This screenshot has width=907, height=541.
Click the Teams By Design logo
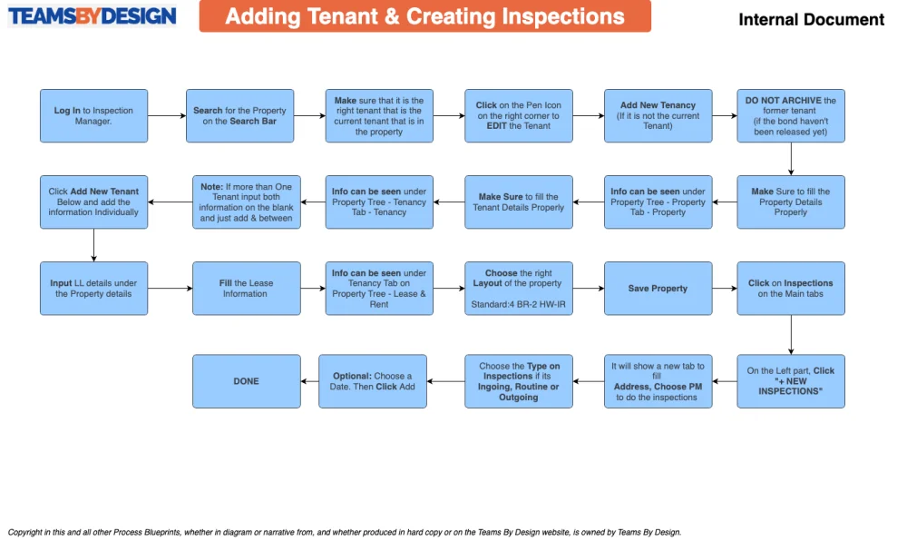[92, 16]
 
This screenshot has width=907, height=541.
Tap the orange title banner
[425, 16]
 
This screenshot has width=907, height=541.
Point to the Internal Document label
[811, 20]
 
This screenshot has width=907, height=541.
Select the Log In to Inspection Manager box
[93, 115]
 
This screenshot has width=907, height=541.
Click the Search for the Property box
[239, 115]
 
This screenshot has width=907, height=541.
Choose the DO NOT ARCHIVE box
[791, 115]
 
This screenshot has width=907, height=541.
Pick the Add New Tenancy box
[658, 115]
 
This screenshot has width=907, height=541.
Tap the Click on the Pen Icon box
[519, 115]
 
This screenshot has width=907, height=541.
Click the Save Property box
[658, 288]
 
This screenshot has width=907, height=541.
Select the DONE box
[247, 381]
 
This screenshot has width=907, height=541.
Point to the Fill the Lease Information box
[247, 288]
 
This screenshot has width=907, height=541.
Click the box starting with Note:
[247, 202]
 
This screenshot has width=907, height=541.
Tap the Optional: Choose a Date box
[373, 381]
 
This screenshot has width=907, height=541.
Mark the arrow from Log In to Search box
[167, 115]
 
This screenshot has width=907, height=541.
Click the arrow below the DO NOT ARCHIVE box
[791, 159]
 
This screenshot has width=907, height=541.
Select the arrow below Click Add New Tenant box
[93, 245]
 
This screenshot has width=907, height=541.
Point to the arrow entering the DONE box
[309, 381]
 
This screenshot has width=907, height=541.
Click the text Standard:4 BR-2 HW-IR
[518, 304]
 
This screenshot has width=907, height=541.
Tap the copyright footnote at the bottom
[345, 532]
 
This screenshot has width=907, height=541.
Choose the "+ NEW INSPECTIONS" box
[791, 381]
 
